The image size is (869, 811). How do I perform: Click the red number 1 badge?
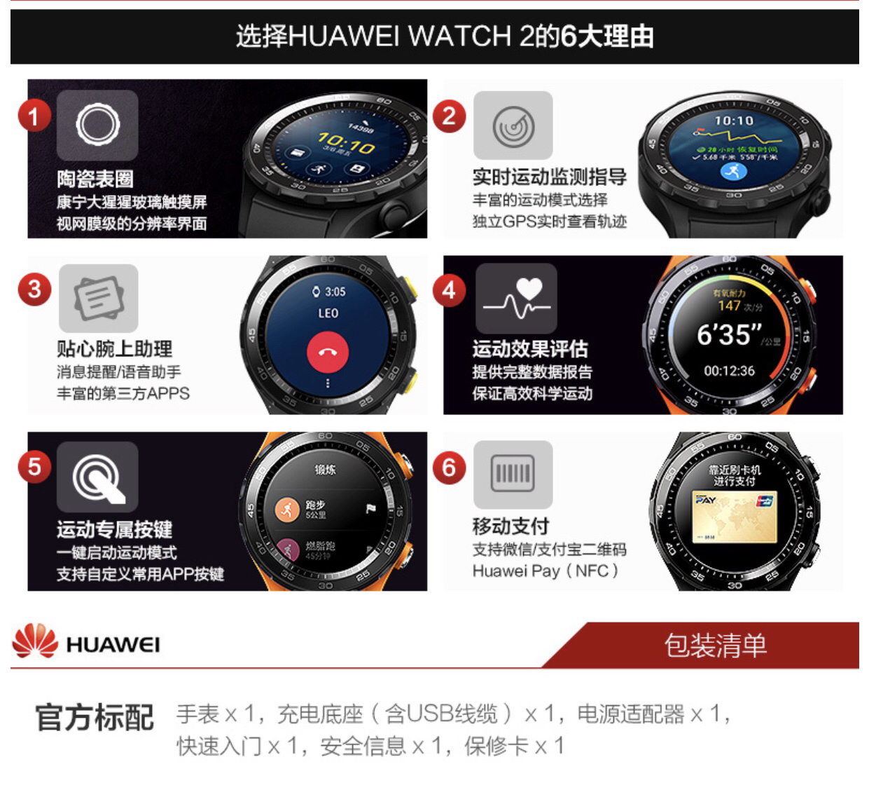tap(33, 115)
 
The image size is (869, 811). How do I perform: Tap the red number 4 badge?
tap(449, 289)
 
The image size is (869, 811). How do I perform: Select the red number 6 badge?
tap(449, 466)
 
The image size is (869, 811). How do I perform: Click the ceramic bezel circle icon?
tap(97, 125)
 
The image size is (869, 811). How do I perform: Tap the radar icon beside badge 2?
tap(513, 126)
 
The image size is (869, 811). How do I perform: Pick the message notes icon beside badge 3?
tap(98, 298)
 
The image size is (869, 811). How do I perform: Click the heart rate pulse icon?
tap(516, 299)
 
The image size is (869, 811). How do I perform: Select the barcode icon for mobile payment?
tap(513, 474)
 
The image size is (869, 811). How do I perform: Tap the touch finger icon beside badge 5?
tap(97, 476)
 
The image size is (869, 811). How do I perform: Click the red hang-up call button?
tap(326, 352)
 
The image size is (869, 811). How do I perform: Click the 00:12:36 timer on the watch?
tap(729, 371)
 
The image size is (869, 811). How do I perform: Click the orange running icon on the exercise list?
tap(286, 510)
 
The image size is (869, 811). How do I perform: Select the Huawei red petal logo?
tap(34, 643)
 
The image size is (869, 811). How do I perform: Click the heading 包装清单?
tap(715, 645)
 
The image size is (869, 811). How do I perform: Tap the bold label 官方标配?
tap(95, 718)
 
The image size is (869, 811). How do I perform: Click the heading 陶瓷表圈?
tap(95, 179)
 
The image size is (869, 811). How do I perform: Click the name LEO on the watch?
tap(328, 313)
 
